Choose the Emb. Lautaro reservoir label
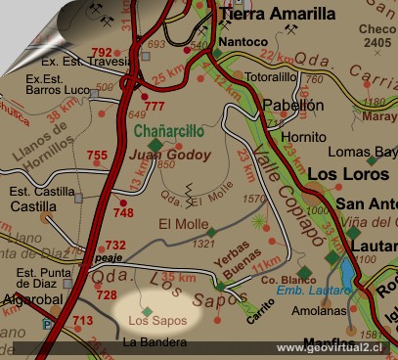(314, 291)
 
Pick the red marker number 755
(97, 156)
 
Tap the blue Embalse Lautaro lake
(346, 271)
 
